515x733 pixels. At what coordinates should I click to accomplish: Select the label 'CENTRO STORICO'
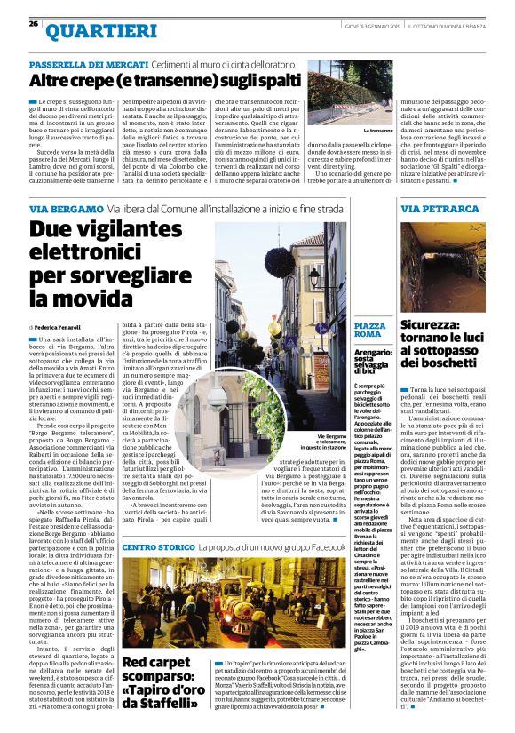pyautogui.click(x=154, y=546)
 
